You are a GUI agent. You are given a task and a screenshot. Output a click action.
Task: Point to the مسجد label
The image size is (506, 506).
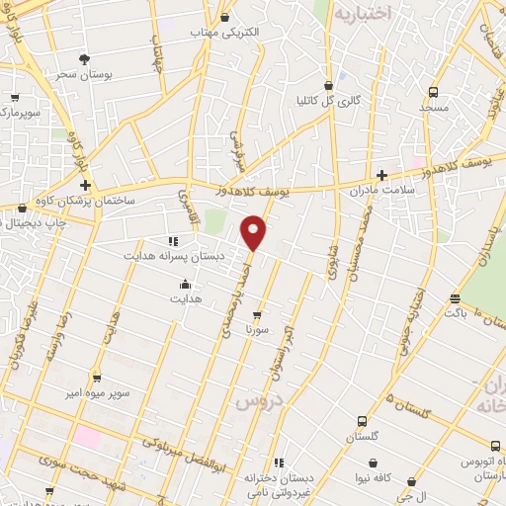[x=433, y=106]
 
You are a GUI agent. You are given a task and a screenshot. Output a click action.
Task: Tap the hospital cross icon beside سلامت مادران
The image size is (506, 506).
[x=381, y=175]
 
